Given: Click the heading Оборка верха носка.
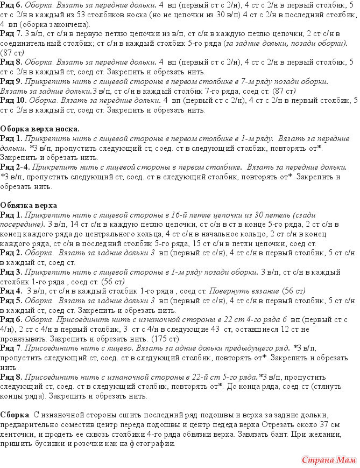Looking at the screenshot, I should coord(40,129).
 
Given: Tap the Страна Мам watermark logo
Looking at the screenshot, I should coord(327,460).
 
